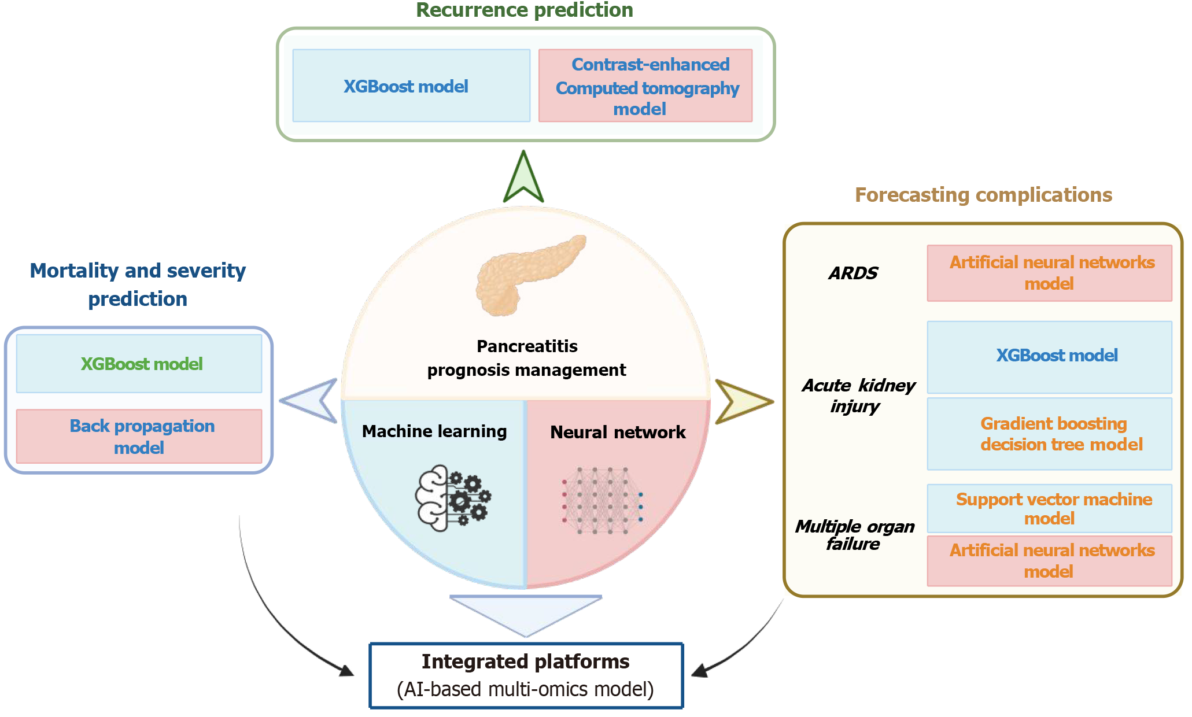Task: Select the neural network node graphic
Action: [602, 500]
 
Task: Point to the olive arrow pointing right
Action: [741, 401]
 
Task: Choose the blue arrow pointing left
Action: [311, 400]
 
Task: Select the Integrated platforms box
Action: [526, 675]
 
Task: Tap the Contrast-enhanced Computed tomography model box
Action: [645, 86]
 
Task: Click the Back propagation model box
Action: [139, 437]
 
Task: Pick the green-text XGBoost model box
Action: [139, 364]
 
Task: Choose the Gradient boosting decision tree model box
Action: [1049, 434]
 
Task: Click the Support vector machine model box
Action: [1049, 508]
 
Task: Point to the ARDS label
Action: [853, 273]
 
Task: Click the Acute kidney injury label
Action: [858, 396]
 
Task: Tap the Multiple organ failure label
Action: [854, 535]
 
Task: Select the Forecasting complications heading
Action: [983, 195]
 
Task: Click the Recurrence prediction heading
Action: [525, 10]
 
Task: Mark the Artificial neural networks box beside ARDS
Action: [1049, 273]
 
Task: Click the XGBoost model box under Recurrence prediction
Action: [411, 86]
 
